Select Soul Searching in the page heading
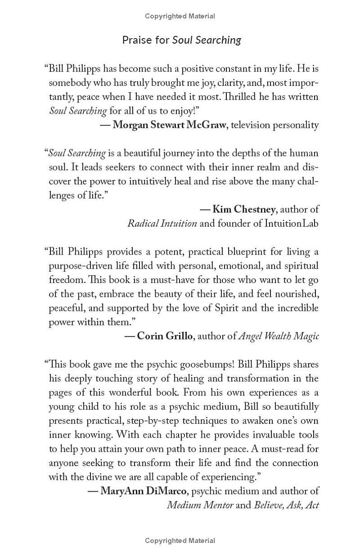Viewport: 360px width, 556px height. [207, 40]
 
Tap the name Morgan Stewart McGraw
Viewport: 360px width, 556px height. [169, 125]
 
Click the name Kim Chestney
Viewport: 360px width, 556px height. [243, 209]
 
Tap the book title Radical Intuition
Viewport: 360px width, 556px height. [162, 223]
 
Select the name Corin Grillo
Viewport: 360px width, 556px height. [165, 336]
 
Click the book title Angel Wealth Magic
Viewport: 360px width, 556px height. [278, 336]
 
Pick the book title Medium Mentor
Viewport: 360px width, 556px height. [200, 505]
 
